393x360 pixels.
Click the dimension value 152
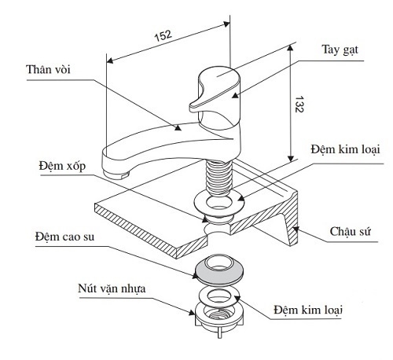tap(163, 35)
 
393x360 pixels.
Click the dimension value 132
tap(299, 105)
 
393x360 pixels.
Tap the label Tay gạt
tap(340, 50)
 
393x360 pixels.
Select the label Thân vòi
tap(49, 69)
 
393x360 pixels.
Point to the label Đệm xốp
tap(62, 166)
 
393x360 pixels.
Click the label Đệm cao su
tap(64, 237)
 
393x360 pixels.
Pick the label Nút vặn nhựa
tap(112, 288)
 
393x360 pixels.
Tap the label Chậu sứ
tap(351, 232)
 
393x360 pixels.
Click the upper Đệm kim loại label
tap(345, 149)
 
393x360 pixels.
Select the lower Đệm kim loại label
tap(308, 310)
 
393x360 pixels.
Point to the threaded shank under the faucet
tap(219, 177)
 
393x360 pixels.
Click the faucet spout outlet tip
tap(116, 174)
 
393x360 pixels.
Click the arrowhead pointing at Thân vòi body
tap(178, 127)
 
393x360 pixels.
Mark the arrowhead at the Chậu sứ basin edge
tap(296, 230)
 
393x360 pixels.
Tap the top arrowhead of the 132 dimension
tap(290, 48)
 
